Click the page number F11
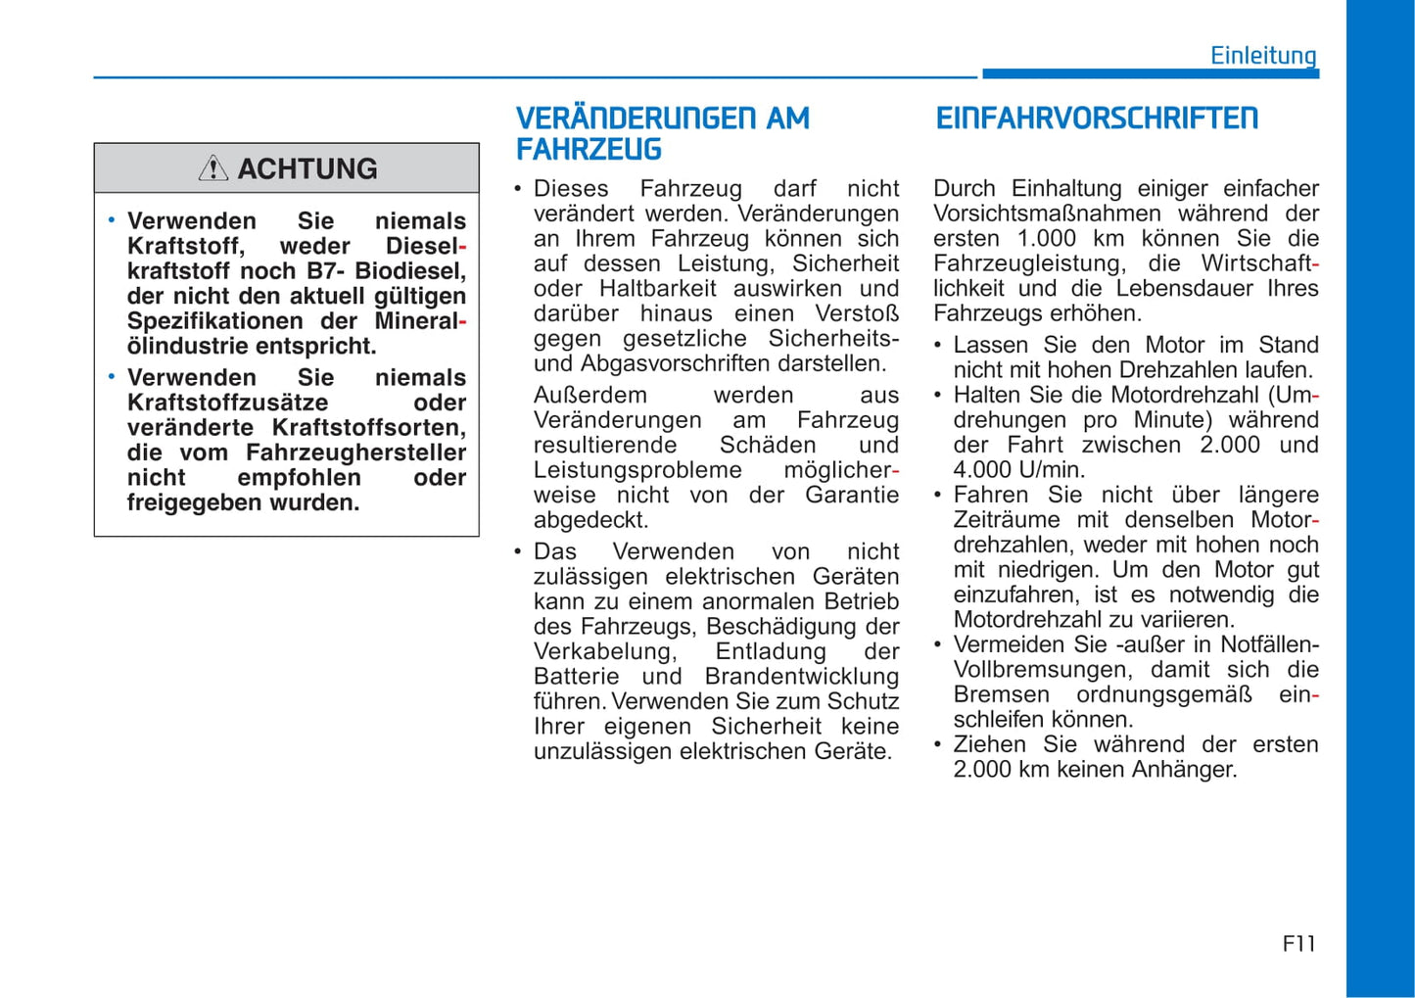pos(1298,943)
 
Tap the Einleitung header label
pos(1263,55)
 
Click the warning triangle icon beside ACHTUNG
pos(212,168)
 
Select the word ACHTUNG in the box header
pos(307,168)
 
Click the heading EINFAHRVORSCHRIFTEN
pos(1097,119)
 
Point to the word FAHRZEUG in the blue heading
pos(589,150)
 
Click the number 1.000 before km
pos(1047,238)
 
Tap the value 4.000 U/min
pos(1018,470)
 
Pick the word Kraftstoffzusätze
pos(227,403)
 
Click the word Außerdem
pos(590,395)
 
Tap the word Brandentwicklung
pos(801,677)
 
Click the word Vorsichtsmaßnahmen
pos(1047,214)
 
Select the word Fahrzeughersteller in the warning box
pos(355,452)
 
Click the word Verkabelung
pos(604,652)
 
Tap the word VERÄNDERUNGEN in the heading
pos(637,119)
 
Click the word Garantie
pos(851,496)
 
